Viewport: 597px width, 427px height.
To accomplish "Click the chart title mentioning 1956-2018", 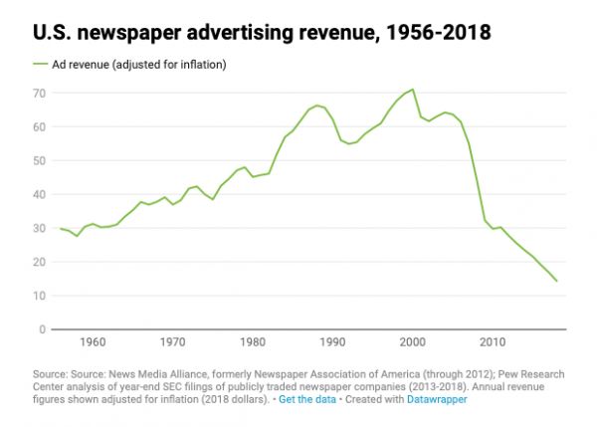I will coord(262,33).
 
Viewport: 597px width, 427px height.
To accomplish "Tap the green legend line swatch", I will coord(41,64).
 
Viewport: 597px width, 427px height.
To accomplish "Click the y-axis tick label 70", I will coord(39,93).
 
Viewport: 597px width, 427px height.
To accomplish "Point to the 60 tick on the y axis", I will coord(39,126).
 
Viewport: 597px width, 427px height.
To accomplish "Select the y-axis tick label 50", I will coord(39,160).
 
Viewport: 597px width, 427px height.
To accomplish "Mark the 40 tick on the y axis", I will coord(39,194).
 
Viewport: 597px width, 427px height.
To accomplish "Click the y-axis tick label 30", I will coord(39,228).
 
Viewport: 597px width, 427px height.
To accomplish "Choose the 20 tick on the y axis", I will coord(39,262).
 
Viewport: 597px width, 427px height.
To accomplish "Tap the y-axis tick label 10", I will coord(39,296).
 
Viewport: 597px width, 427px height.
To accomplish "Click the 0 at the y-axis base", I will coord(43,329).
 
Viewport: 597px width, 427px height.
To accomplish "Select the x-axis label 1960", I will coord(93,343).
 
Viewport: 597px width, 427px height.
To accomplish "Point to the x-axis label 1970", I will coord(173,343).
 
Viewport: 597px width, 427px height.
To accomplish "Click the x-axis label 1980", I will coord(253,343).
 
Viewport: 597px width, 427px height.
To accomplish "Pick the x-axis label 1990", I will coord(332,343).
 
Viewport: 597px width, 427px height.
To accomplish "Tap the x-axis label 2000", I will coord(412,343).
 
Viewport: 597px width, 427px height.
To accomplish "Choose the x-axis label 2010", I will coord(493,343).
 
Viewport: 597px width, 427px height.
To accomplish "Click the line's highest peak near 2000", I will coord(412,90).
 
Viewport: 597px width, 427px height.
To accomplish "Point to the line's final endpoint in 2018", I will coord(556,281).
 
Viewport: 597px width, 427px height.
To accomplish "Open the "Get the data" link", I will coord(307,399).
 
